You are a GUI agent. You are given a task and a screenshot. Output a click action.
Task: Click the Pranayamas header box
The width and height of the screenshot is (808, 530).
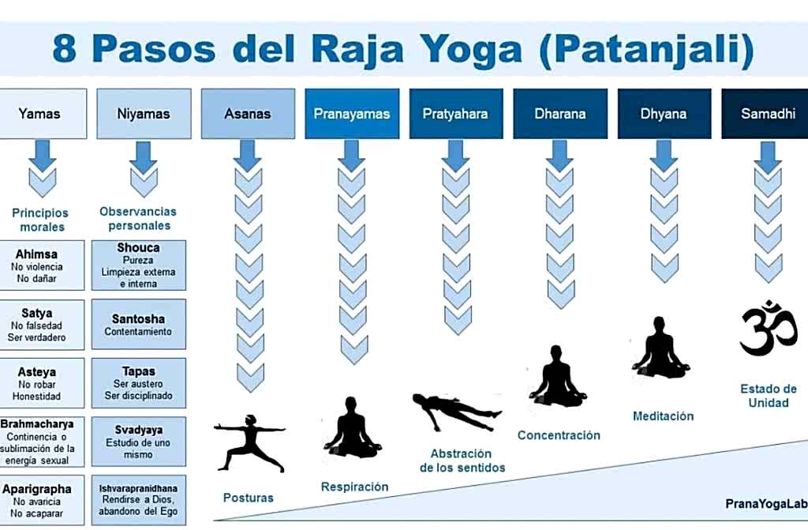coord(352,114)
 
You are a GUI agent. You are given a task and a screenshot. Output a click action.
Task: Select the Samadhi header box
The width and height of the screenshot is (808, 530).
coord(765,114)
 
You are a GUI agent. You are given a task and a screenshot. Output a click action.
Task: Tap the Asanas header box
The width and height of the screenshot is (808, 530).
coord(248,114)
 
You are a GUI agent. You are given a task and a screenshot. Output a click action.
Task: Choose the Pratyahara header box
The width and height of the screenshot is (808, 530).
coord(456,114)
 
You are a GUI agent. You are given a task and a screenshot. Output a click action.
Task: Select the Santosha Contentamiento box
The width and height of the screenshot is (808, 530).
coord(139,324)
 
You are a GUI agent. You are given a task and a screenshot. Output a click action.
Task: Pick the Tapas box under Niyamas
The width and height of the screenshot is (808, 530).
coord(139,383)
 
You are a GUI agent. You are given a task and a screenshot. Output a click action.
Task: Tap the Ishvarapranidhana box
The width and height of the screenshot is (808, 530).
coord(139,500)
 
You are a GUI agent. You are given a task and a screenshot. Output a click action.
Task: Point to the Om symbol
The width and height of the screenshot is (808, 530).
coord(769,329)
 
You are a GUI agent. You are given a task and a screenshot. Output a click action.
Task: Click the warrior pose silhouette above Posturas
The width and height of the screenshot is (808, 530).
coord(250,443)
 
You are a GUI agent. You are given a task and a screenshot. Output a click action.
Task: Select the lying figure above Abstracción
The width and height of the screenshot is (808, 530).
coord(457,412)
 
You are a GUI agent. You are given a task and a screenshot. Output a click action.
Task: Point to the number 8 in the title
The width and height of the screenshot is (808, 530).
coord(65,50)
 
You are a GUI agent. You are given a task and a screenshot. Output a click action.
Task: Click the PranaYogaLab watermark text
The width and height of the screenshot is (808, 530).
coord(766,504)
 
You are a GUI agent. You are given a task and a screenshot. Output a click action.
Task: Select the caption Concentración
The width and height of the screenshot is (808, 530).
coord(559,435)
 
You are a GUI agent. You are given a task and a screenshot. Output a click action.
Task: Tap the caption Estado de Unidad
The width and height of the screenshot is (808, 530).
coord(769,396)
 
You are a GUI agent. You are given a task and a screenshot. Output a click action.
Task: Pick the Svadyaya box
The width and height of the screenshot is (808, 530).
coord(139,442)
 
